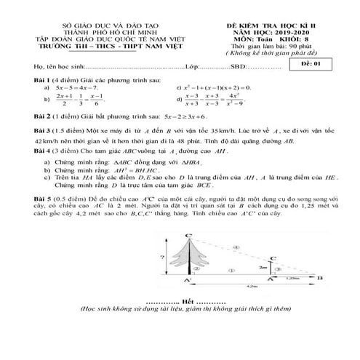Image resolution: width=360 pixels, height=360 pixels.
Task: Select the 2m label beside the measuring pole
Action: click(x=260, y=266)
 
